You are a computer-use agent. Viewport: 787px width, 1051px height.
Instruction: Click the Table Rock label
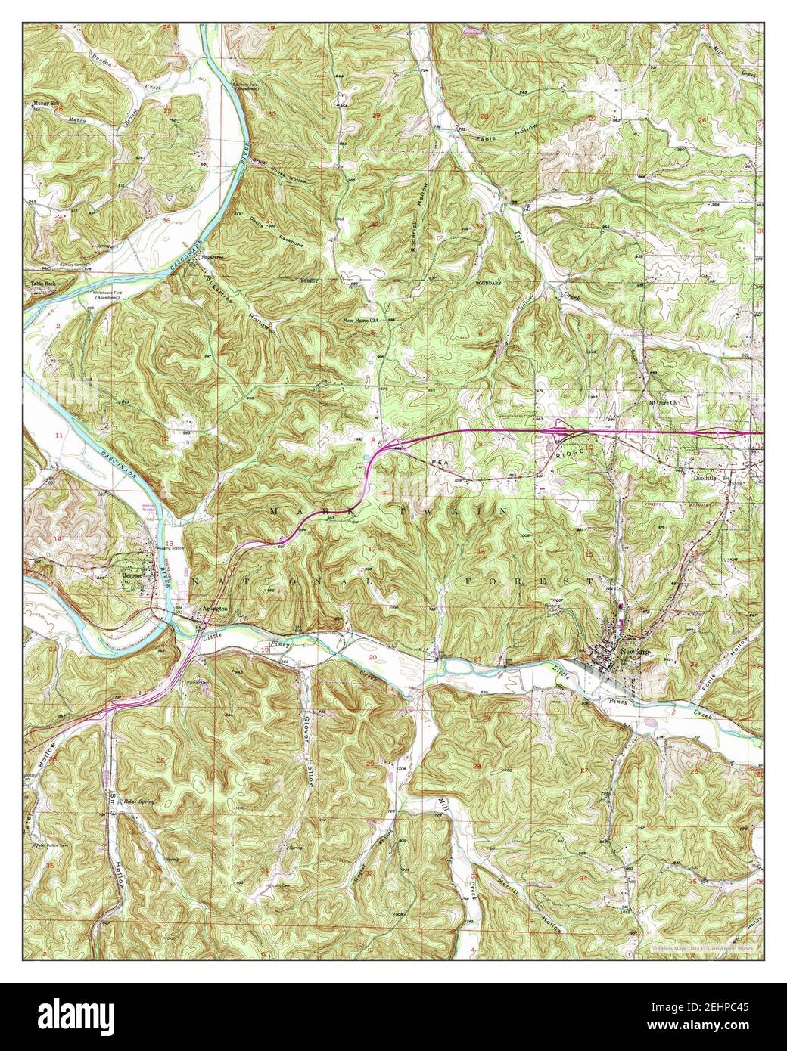pyautogui.click(x=42, y=284)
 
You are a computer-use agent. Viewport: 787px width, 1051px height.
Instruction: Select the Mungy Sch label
pyautogui.click(x=45, y=103)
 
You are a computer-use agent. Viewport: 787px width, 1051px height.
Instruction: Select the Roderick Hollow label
pyautogui.click(x=424, y=215)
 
